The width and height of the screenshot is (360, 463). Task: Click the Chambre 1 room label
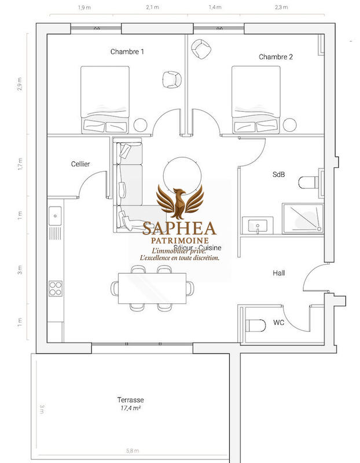tap(127, 52)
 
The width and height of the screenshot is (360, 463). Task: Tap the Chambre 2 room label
tap(275, 57)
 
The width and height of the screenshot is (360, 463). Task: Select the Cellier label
tap(80, 164)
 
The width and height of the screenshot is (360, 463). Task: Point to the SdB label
tap(278, 174)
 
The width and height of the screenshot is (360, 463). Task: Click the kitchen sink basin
tap(56, 215)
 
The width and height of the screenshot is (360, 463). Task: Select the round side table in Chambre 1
tap(141, 124)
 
